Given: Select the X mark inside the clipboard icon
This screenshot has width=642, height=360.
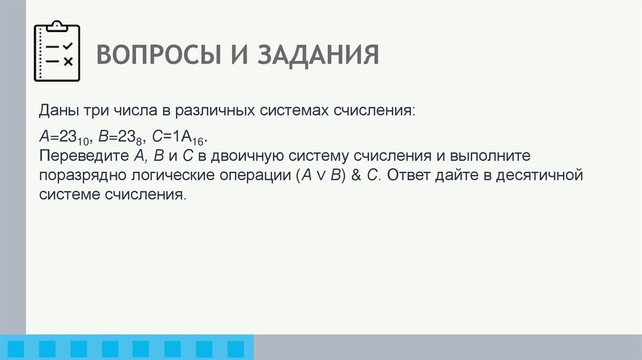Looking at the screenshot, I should tap(68, 61).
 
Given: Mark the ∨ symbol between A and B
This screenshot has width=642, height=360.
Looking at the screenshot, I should tap(321, 176).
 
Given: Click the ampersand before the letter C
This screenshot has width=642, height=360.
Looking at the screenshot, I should tap(355, 175).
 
